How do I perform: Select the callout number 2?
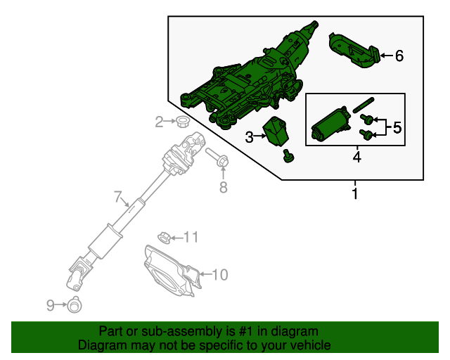(x=159, y=122)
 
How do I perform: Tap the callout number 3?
(x=250, y=137)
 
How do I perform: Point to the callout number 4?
(x=356, y=157)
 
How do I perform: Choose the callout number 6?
(x=399, y=56)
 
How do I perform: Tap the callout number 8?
(x=224, y=187)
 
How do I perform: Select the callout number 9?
(x=50, y=304)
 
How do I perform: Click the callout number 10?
(x=219, y=274)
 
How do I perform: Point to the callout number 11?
(x=191, y=236)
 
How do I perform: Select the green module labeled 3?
(x=276, y=130)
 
